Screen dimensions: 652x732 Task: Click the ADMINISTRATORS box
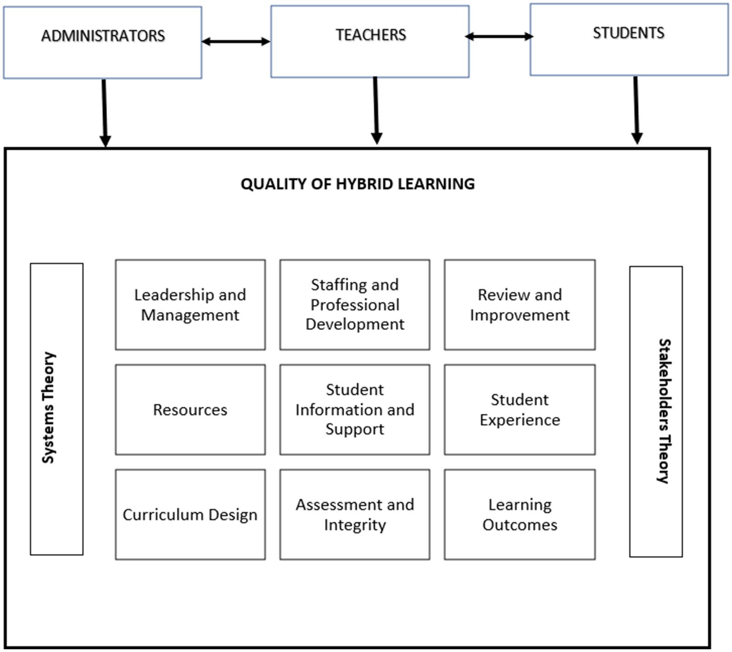tap(102, 42)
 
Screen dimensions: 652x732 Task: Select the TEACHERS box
tap(370, 41)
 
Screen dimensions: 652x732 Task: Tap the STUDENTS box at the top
tap(629, 39)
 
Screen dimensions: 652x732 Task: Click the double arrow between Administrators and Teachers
tap(236, 42)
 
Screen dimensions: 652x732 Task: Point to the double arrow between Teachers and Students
tap(499, 36)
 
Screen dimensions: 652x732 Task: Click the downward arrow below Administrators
tap(105, 112)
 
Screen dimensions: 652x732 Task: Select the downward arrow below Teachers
tap(376, 110)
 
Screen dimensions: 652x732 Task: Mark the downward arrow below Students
tap(636, 110)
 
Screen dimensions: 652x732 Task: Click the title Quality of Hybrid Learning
tap(358, 184)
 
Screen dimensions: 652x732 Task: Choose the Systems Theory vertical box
tap(56, 409)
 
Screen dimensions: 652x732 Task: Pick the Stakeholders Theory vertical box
tap(656, 412)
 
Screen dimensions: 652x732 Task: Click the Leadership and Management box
tap(190, 305)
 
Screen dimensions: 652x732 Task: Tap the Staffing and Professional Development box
tap(355, 305)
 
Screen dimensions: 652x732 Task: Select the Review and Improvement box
tap(520, 305)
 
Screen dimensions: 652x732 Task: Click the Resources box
tap(190, 410)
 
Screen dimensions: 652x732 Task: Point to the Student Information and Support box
tap(355, 410)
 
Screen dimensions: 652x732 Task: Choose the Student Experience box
tap(520, 410)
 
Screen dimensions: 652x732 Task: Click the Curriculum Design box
tap(190, 514)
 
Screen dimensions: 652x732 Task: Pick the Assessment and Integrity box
tap(355, 514)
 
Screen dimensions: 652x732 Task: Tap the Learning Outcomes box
tap(520, 514)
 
